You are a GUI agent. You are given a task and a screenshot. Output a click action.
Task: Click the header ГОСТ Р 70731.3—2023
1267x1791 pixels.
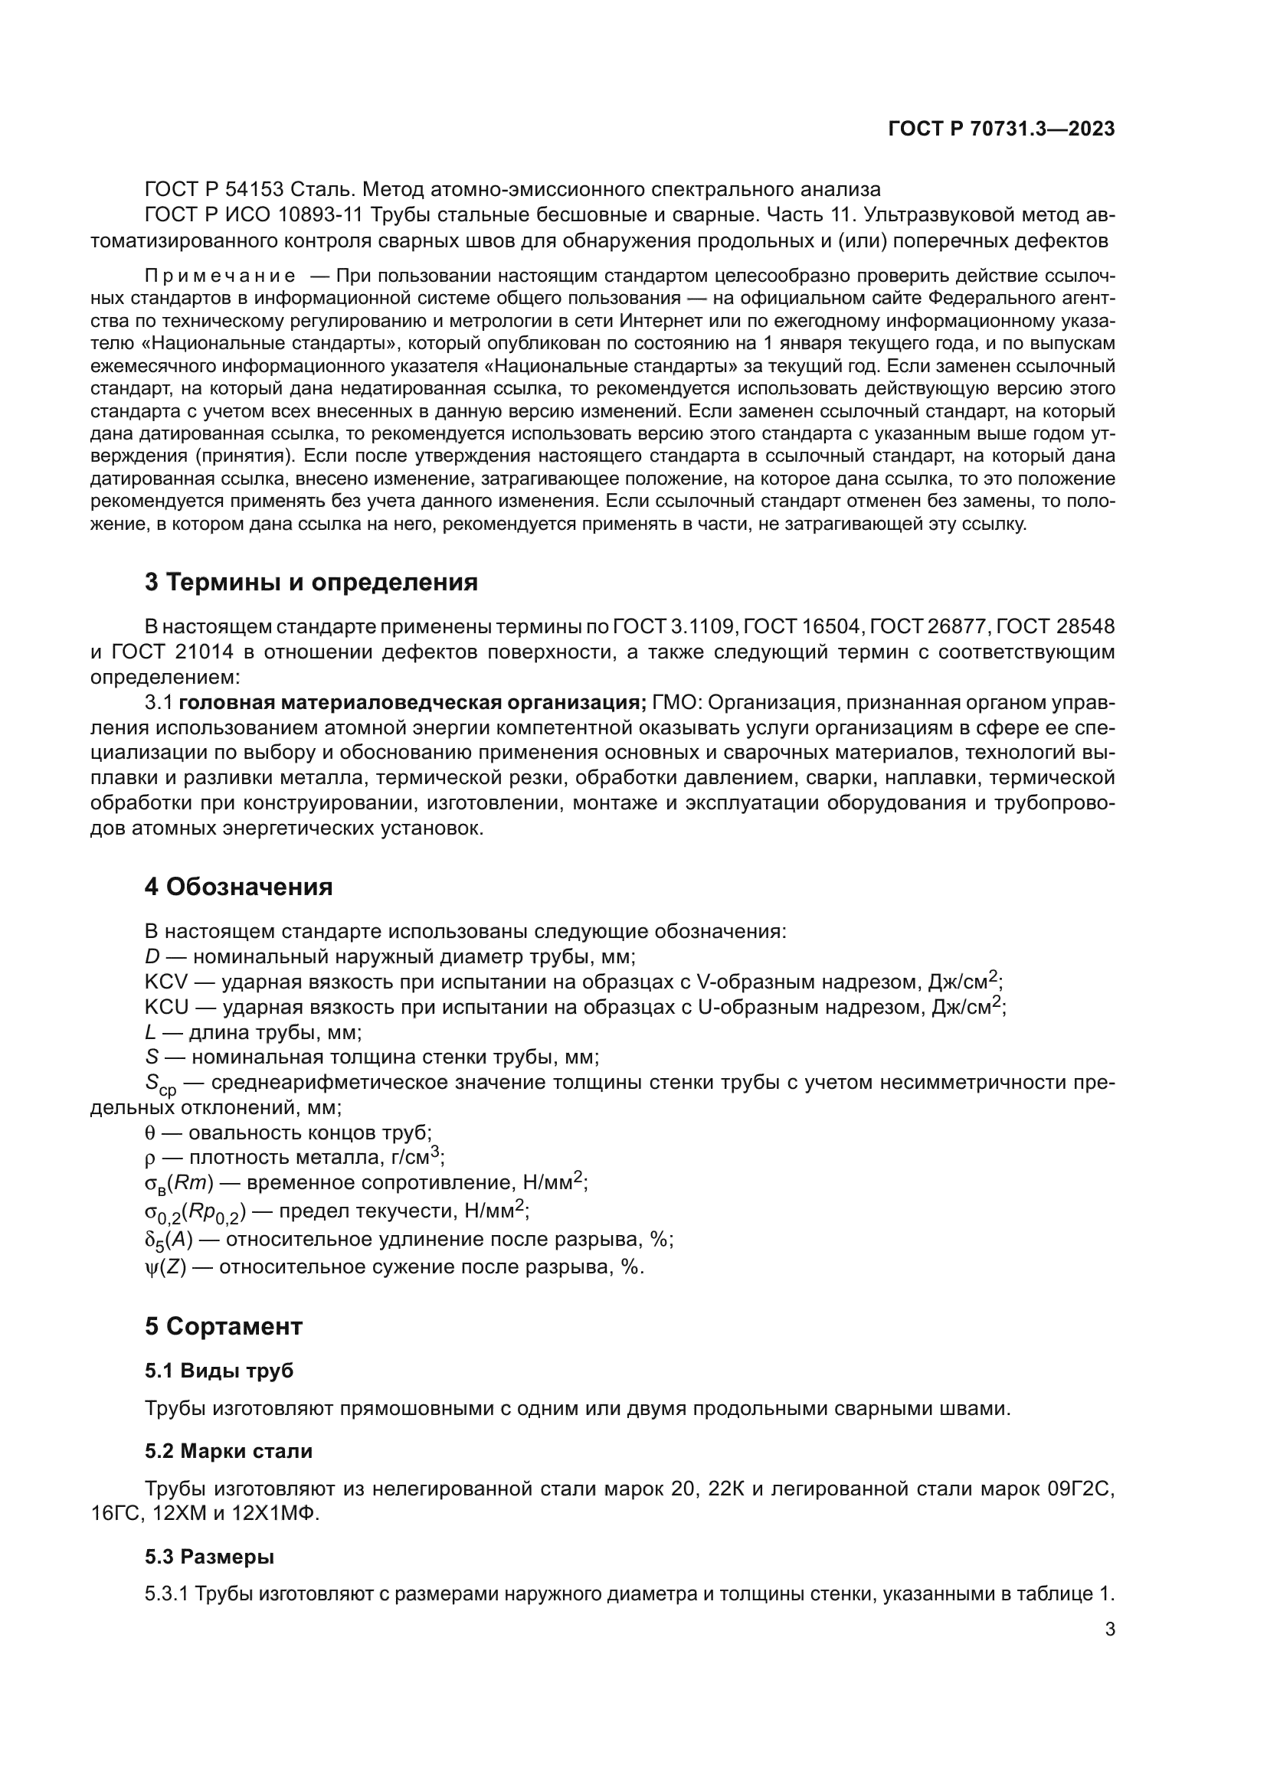[x=1001, y=129]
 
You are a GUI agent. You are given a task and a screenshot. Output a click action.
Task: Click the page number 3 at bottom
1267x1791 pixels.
[x=1110, y=1629]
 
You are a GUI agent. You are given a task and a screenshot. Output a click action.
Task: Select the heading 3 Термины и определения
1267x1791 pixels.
[x=311, y=582]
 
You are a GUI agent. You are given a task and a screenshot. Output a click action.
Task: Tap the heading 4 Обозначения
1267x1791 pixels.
[x=239, y=887]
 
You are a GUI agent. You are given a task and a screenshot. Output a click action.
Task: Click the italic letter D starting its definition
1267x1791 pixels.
[x=152, y=956]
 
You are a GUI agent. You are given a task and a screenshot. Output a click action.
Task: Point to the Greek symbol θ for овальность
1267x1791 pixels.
[x=150, y=1133]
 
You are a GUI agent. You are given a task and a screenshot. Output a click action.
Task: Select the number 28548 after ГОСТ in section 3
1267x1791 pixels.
[x=1085, y=626]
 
